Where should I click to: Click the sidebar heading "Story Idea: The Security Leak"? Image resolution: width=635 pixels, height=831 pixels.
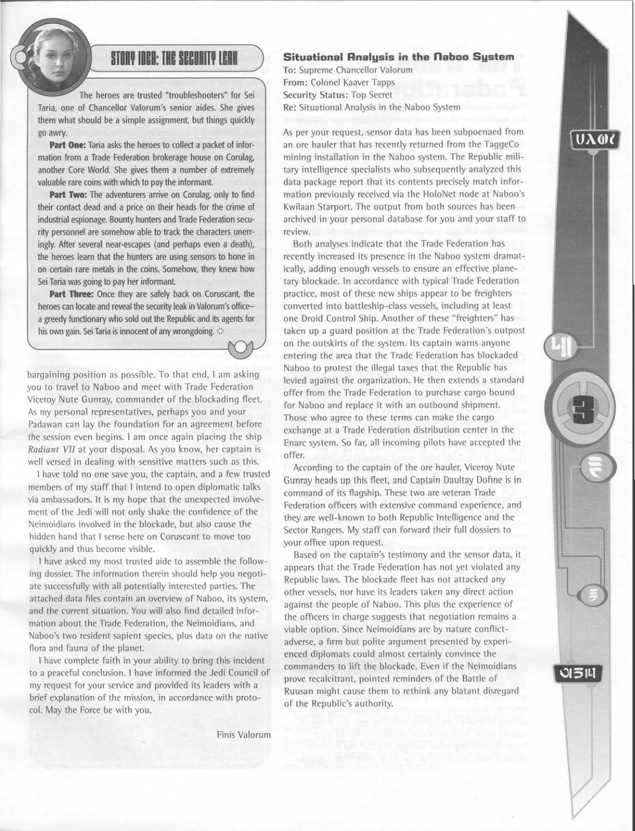[x=174, y=57]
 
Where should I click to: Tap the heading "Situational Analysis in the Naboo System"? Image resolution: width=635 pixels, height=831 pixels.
[x=399, y=57]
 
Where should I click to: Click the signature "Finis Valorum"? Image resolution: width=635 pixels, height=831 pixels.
[x=243, y=734]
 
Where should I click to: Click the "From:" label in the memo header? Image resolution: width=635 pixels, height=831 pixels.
[x=295, y=82]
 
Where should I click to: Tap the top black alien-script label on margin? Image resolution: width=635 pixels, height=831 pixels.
[x=596, y=141]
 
